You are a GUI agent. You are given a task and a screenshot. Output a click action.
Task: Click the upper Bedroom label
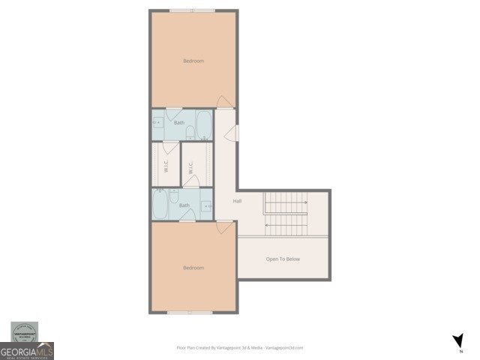193,61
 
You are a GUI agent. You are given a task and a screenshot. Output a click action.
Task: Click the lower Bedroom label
193,267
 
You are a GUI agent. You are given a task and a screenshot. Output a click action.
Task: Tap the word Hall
237,201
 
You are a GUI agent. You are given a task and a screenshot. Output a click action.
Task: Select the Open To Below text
283,259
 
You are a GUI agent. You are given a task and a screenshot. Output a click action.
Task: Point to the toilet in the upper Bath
191,133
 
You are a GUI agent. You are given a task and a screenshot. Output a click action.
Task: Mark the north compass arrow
458,341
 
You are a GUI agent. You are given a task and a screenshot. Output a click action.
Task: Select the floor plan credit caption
239,347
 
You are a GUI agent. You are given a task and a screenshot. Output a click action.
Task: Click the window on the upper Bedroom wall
191,10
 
